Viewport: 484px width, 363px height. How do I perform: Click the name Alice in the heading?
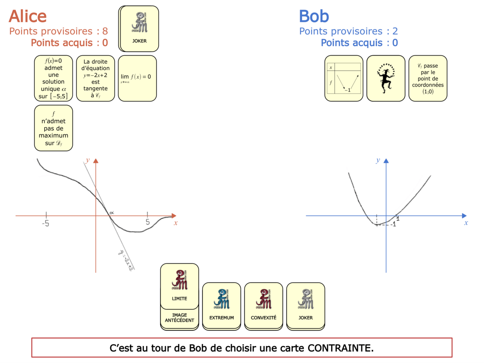pyautogui.click(x=27, y=16)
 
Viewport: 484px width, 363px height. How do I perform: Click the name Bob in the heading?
pyautogui.click(x=314, y=16)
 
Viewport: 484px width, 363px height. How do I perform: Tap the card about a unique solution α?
pyautogui.click(x=54, y=78)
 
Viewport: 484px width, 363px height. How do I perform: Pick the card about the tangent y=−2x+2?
pyautogui.click(x=96, y=78)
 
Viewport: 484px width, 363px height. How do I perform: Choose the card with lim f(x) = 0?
pyautogui.click(x=137, y=78)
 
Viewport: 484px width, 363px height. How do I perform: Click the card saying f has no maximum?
pyautogui.click(x=54, y=128)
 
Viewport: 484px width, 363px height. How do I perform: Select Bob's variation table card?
pyautogui.click(x=344, y=78)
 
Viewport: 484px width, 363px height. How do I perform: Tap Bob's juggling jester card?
pyautogui.click(x=386, y=78)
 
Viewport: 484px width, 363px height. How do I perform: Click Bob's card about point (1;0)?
pyautogui.click(x=428, y=78)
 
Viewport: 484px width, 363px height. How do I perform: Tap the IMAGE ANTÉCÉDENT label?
pyautogui.click(x=179, y=318)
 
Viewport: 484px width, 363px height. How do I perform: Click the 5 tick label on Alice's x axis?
pyautogui.click(x=147, y=222)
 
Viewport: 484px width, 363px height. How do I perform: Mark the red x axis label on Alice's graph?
pyautogui.click(x=175, y=223)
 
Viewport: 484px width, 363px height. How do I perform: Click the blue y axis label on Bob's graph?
pyautogui.click(x=378, y=160)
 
